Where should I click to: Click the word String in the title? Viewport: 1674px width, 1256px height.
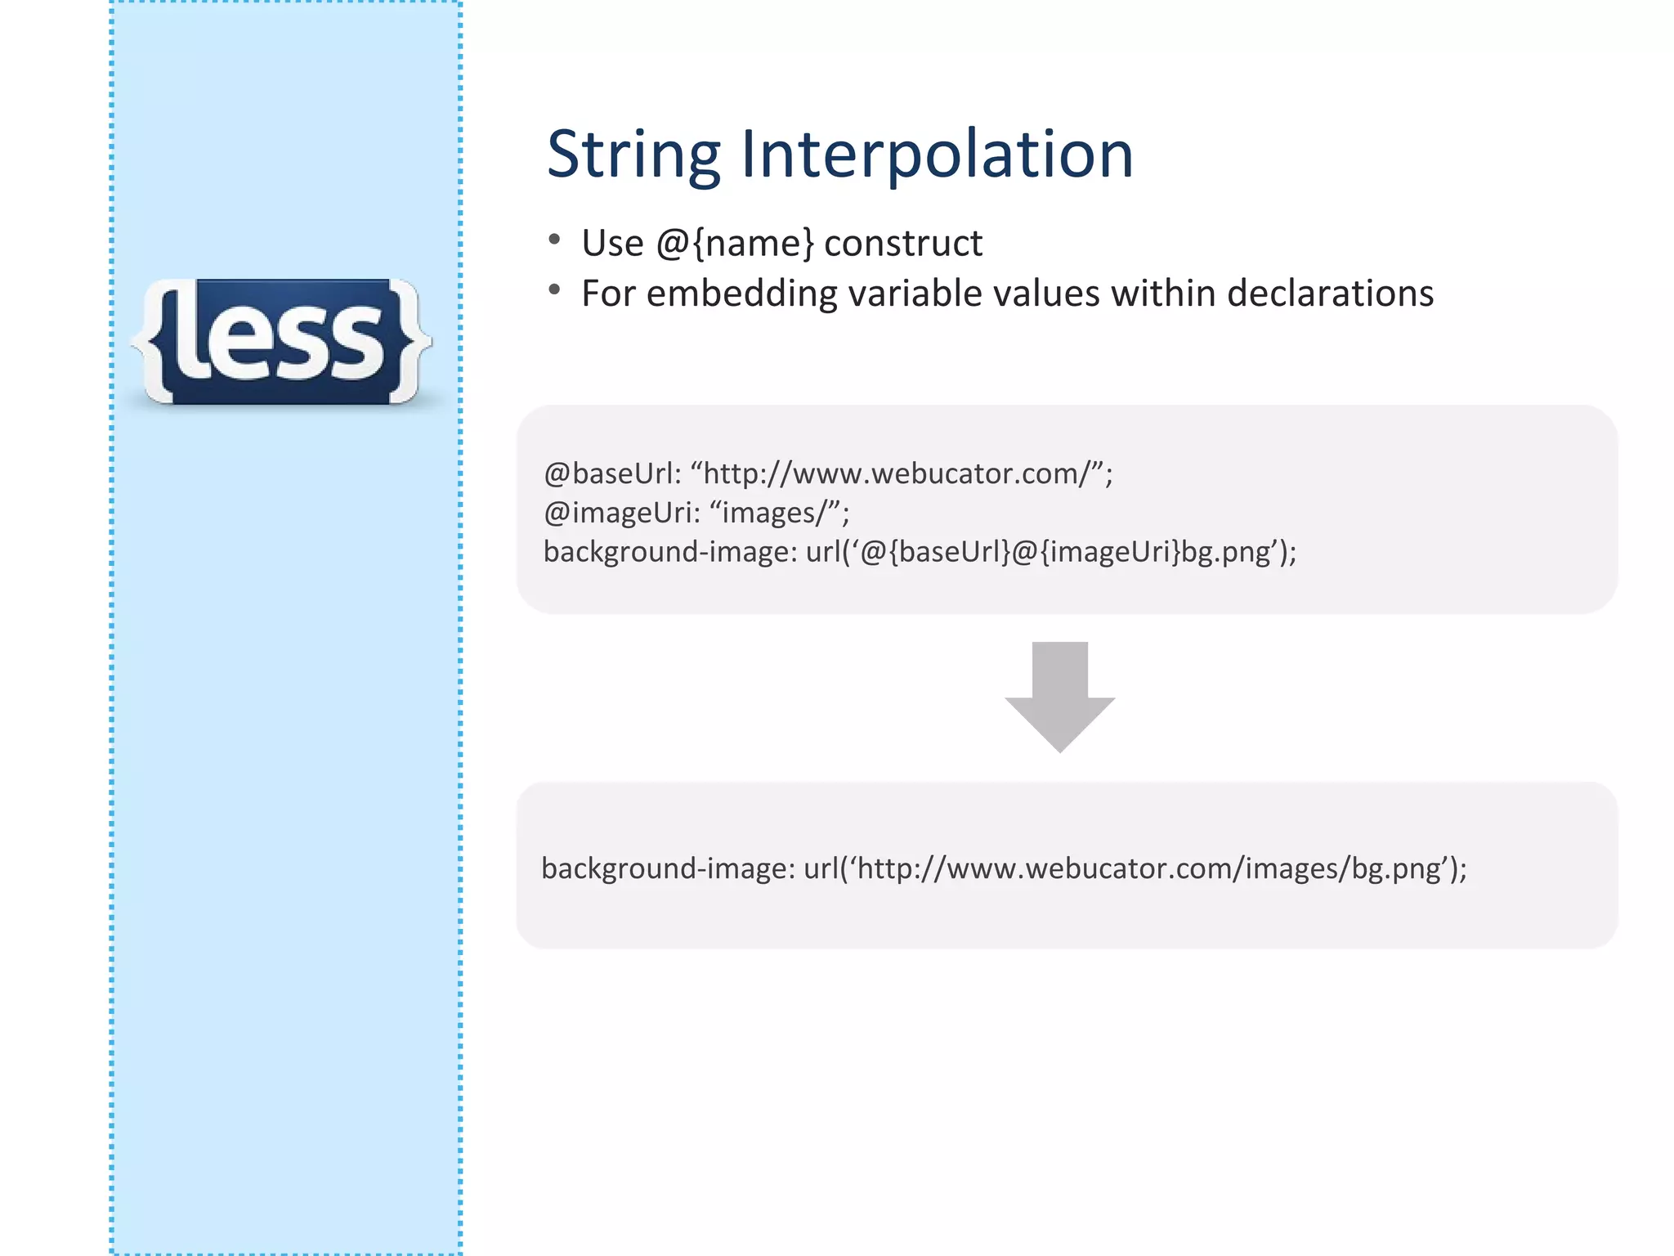pos(633,155)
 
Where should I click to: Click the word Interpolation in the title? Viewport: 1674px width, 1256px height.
pos(937,155)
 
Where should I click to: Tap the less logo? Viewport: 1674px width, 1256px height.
pos(282,342)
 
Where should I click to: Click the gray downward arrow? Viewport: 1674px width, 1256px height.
pos(1059,696)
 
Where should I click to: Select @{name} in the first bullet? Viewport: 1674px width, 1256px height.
pos(735,244)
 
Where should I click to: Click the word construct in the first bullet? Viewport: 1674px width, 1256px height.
pos(903,244)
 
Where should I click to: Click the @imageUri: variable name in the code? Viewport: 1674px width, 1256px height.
pos(622,513)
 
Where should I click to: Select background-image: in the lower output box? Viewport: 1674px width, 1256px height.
pos(668,868)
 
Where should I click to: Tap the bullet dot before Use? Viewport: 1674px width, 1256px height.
pos(554,240)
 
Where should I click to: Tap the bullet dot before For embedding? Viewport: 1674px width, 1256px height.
pos(554,289)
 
